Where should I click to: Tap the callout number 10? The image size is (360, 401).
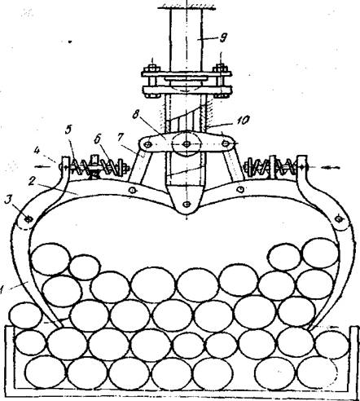point(242,121)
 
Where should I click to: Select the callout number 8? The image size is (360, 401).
point(135,115)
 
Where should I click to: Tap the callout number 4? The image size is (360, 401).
point(37,151)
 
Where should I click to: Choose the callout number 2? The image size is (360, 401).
point(32,181)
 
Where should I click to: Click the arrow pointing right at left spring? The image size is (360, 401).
point(43,167)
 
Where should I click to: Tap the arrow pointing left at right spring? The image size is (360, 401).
point(331,168)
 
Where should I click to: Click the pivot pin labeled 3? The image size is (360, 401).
point(28,219)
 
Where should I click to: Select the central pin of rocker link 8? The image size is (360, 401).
point(187,144)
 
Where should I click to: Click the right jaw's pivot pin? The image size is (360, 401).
point(338,218)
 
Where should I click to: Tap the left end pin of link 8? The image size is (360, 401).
point(147,144)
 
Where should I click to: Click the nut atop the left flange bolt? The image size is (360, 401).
point(152,68)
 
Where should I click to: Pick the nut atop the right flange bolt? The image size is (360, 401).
point(221,68)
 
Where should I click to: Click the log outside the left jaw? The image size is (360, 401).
point(25,315)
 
